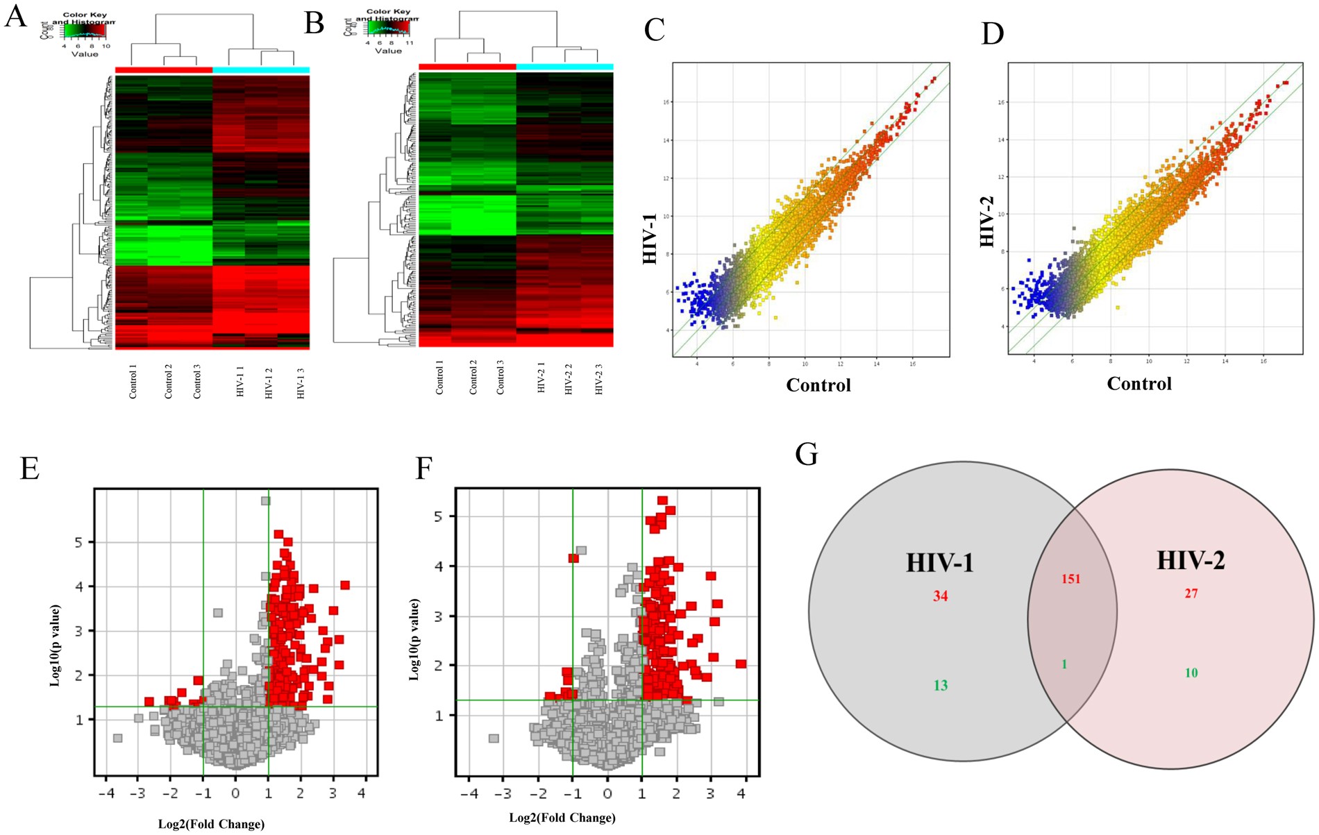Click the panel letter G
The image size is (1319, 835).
[806, 455]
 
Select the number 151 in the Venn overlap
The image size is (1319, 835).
[1070, 579]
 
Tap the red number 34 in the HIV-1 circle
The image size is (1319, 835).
[940, 596]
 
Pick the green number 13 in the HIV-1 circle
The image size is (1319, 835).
[940, 686]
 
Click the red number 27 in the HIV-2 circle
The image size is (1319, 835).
[1191, 593]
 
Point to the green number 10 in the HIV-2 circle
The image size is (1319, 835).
[1191, 673]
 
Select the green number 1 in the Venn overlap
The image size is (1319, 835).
[1064, 665]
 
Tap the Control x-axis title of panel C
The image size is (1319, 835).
[818, 385]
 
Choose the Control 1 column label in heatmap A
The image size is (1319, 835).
[133, 382]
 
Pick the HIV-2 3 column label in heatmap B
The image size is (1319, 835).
[598, 379]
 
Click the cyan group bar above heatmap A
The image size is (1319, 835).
[261, 69]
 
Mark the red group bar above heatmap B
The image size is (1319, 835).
[467, 67]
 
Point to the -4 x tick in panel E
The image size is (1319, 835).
[106, 793]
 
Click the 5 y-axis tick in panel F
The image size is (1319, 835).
[438, 516]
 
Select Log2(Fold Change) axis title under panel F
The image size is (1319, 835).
[562, 818]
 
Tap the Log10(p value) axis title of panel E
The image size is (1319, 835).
[56, 646]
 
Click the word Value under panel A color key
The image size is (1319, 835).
[85, 54]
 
